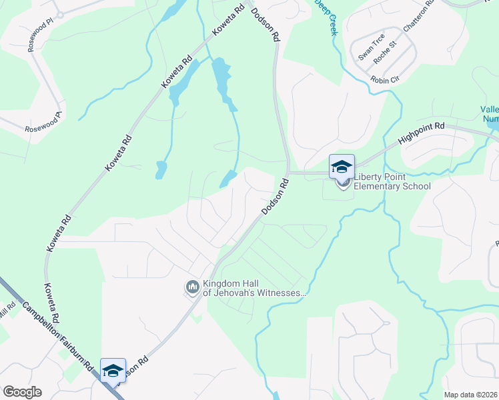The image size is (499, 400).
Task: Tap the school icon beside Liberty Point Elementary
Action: (x=342, y=167)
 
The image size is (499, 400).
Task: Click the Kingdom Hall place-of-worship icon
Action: (x=193, y=287)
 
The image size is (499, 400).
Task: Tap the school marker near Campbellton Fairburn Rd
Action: (x=113, y=371)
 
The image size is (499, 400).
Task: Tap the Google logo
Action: (x=22, y=392)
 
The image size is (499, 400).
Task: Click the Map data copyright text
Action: (x=470, y=395)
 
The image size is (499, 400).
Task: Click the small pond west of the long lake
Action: (x=161, y=170)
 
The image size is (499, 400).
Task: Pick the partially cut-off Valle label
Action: (x=490, y=114)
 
